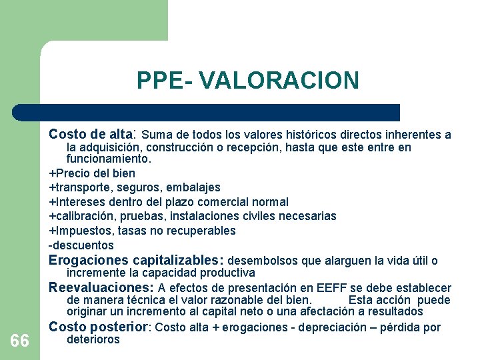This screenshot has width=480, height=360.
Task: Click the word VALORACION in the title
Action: point(279,80)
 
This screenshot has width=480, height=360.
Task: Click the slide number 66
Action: point(20,341)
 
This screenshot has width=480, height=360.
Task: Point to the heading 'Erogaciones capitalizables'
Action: point(137,260)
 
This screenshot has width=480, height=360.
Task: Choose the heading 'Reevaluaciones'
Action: point(101,288)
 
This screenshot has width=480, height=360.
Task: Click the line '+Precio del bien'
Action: point(92,173)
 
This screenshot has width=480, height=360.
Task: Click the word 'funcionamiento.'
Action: point(109,159)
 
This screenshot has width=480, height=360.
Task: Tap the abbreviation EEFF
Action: point(331,288)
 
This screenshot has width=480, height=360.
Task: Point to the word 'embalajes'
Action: point(195,187)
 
